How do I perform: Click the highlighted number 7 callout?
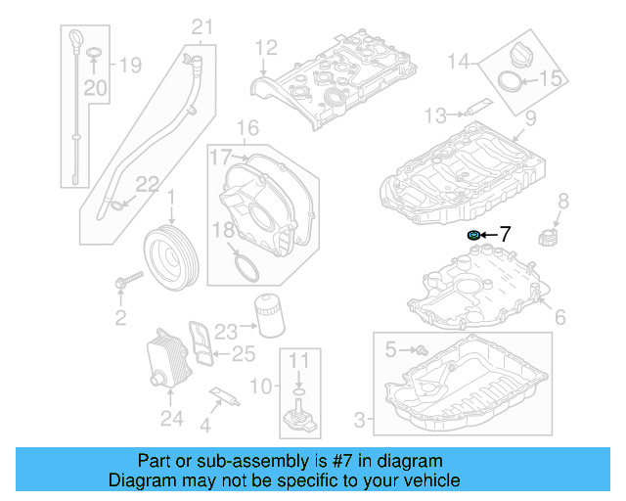click(x=506, y=234)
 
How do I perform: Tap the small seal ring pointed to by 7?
click(x=474, y=235)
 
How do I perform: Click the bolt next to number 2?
click(x=124, y=285)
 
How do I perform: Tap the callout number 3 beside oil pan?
click(x=359, y=421)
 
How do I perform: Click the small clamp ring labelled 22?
click(x=118, y=204)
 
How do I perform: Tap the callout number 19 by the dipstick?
click(x=130, y=66)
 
